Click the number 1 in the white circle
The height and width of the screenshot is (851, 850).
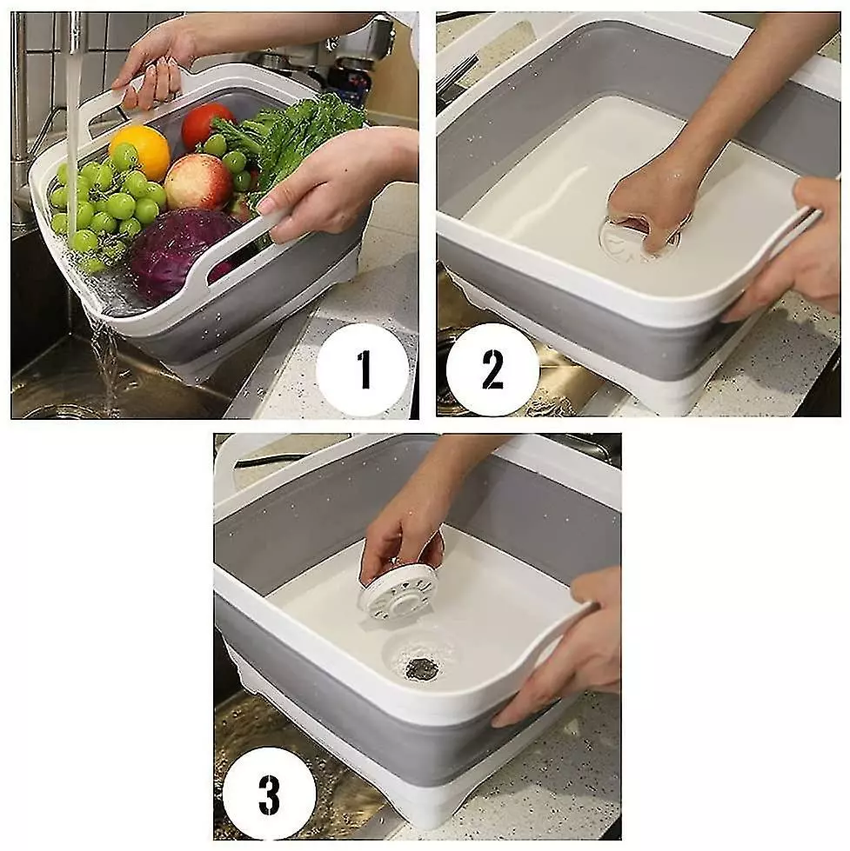(364, 369)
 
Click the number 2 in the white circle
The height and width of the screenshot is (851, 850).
(492, 369)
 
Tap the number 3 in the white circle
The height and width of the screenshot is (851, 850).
(270, 795)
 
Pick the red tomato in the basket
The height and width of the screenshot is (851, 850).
(207, 125)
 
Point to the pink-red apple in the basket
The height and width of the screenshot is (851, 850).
(198, 181)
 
